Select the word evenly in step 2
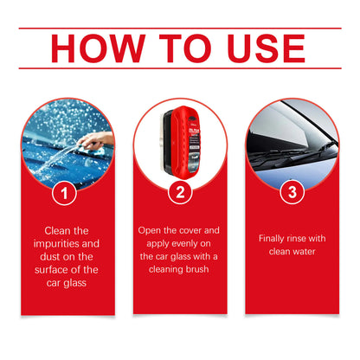[182, 245]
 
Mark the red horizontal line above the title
[179, 28]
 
